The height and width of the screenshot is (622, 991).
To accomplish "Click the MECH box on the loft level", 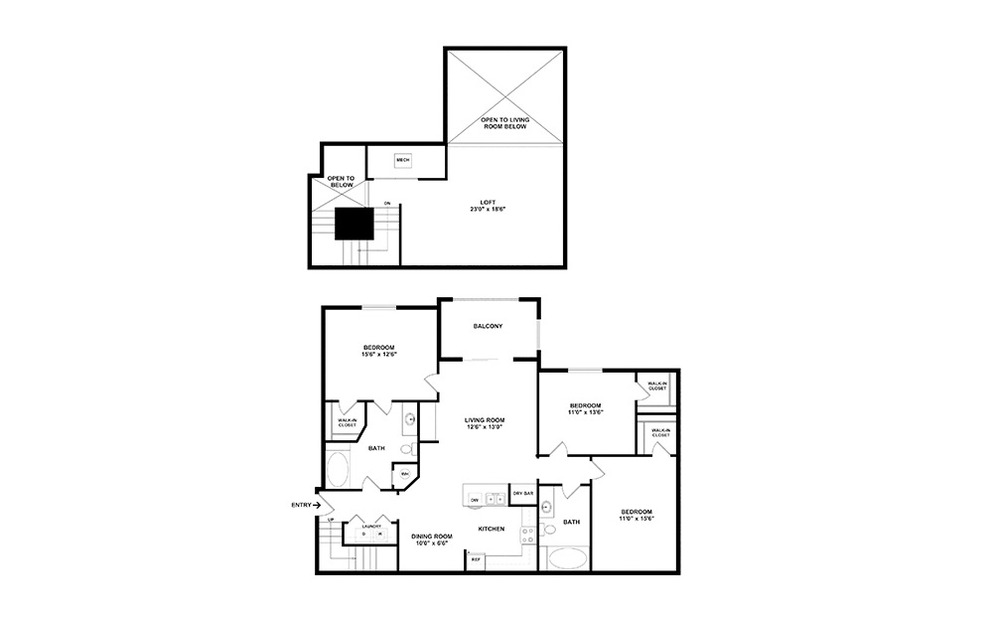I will [x=402, y=160].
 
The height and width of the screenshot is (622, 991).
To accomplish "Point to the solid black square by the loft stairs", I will [x=353, y=224].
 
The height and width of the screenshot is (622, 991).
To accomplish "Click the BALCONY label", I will [x=488, y=326].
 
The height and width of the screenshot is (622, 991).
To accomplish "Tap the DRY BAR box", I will [x=522, y=494].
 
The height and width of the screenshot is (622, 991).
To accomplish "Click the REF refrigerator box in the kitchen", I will [x=476, y=559].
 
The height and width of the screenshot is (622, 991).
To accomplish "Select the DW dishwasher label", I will [x=476, y=500].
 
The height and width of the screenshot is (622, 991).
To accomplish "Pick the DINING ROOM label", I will [x=431, y=540].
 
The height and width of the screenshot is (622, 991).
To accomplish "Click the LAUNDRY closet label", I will [x=371, y=526].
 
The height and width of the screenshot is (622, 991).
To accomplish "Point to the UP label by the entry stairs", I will [x=330, y=520].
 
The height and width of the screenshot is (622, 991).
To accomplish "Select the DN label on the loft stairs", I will [x=387, y=204].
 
